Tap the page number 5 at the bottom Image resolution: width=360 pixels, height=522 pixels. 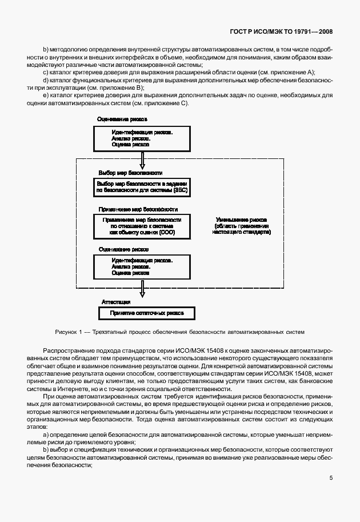pos(331,479)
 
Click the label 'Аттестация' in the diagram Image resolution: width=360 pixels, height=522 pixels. pos(116,301)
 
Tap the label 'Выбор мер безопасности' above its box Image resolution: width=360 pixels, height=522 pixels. pos(130,172)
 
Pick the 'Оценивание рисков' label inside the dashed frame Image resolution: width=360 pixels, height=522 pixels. pos(123,249)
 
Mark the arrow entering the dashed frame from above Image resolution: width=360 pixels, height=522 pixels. pos(142,158)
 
